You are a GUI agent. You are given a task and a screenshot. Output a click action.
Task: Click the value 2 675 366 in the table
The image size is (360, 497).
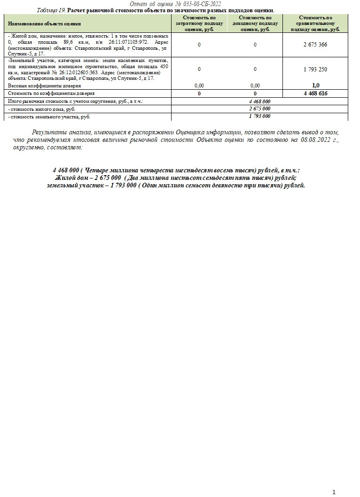coord(315,45)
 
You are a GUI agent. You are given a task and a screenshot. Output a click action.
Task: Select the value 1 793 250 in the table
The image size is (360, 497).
coord(315,69)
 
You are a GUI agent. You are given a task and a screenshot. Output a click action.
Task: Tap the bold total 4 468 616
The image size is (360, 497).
coord(315,93)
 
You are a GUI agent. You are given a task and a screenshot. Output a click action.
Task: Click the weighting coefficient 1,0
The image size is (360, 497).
coord(315,85)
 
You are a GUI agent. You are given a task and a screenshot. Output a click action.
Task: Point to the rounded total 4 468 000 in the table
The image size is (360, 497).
coord(259,101)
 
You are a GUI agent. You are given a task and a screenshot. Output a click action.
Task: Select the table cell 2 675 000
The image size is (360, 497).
coord(259,109)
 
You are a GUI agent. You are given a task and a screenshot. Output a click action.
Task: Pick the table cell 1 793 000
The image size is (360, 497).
coord(259,116)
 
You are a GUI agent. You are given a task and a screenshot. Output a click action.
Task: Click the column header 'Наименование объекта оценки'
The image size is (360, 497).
coord(44,23)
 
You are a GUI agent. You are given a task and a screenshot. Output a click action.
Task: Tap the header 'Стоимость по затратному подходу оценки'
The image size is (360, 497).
coord(199,23)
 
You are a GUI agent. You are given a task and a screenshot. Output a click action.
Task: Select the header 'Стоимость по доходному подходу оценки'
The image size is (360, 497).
coord(255,23)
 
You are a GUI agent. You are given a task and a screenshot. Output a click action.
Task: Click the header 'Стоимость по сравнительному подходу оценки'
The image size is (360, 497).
coord(315,23)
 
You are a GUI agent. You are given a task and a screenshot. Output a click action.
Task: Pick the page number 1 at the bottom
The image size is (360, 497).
coord(334,492)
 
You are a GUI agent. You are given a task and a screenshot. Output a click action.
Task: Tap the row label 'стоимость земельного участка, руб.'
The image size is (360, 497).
coord(49,116)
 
